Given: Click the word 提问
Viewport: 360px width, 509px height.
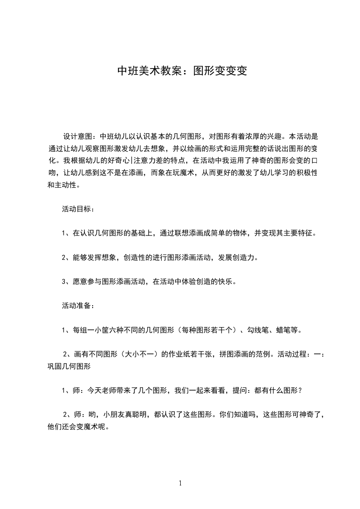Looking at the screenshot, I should pos(240,390).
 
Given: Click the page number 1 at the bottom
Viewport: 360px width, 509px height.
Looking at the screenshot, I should pos(180,484).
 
